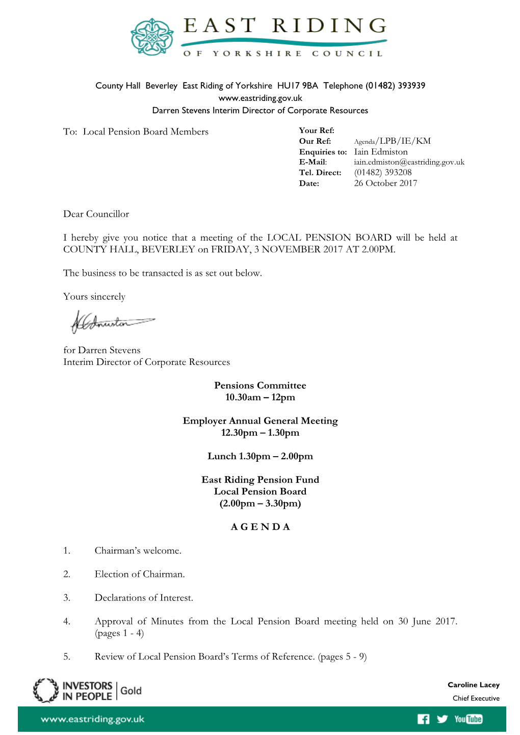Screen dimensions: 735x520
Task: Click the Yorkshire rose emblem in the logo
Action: [x=152, y=37]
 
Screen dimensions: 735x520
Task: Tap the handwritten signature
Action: [x=112, y=322]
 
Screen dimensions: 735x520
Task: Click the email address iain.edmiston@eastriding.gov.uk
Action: [x=409, y=162]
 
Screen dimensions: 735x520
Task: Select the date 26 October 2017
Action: [x=385, y=183]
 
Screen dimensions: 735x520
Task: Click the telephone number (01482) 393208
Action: [x=383, y=172]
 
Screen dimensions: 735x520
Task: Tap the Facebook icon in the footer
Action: [x=423, y=719]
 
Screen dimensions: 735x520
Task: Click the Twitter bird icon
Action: [x=442, y=719]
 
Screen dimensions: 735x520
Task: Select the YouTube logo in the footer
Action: [x=469, y=719]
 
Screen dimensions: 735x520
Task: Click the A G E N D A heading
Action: [x=260, y=527]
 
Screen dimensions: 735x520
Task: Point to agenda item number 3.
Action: [x=67, y=598]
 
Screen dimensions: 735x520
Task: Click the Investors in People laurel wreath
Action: [x=46, y=691]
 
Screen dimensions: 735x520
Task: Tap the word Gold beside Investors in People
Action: [x=131, y=691]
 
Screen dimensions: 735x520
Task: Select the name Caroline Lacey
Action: [x=474, y=685]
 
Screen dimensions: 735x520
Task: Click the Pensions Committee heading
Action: [x=260, y=385]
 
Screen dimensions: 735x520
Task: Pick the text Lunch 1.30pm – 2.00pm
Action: [x=260, y=456]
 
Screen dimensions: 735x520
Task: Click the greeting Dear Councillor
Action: [x=96, y=214]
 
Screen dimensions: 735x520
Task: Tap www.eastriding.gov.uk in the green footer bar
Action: [x=93, y=719]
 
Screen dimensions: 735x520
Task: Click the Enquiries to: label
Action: [x=323, y=152]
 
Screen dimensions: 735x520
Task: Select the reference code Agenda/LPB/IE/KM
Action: [x=392, y=141]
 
